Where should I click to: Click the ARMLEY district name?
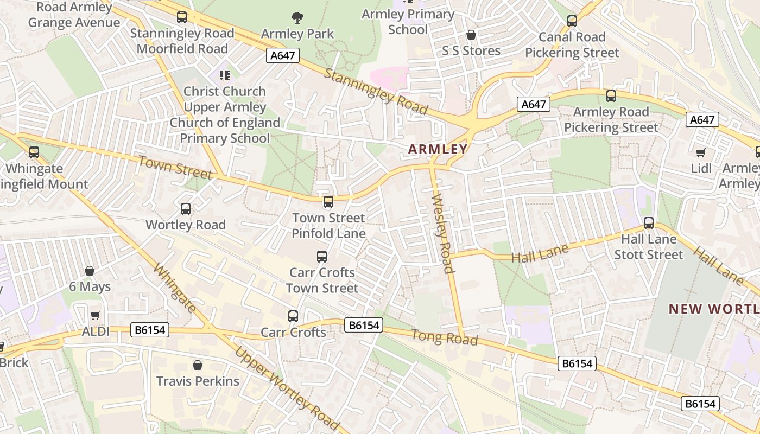[x=438, y=149]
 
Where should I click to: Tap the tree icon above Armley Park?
[x=297, y=18]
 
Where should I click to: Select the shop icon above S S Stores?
[x=471, y=35]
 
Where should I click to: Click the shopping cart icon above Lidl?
[x=701, y=152]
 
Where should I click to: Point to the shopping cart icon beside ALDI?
[x=96, y=315]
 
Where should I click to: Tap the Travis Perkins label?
[x=198, y=381]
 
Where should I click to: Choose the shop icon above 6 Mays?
[x=90, y=270]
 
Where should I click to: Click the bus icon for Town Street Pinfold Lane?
[x=328, y=202]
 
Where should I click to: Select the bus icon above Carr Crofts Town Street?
[x=322, y=256]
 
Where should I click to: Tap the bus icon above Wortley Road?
[x=185, y=208]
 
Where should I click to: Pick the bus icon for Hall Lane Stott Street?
[x=648, y=222]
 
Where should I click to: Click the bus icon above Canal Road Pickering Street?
[x=572, y=21]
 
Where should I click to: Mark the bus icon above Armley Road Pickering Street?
[x=611, y=96]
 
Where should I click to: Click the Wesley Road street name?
[x=442, y=233]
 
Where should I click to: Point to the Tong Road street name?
[x=445, y=337]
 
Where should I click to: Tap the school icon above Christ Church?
[x=224, y=75]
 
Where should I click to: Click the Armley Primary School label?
[x=408, y=22]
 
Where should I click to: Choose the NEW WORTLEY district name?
[x=713, y=309]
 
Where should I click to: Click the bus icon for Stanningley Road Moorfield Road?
[x=181, y=17]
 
